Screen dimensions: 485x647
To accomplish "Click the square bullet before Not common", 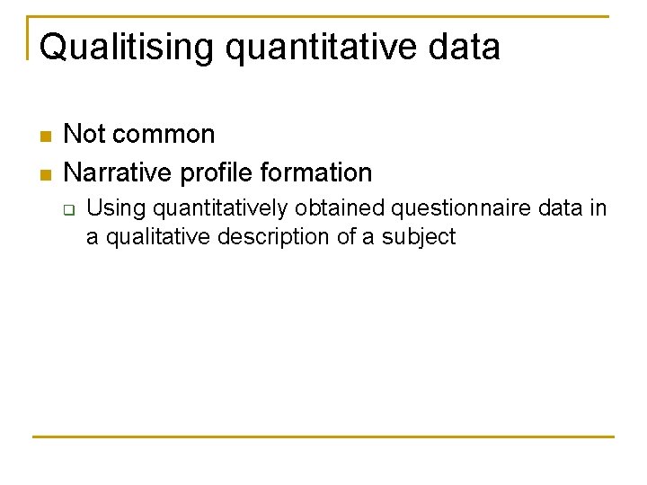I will (45, 137).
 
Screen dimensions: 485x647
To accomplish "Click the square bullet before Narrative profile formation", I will (45, 173).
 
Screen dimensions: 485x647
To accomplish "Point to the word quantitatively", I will (221, 209).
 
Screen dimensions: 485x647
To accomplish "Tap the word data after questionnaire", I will (562, 208).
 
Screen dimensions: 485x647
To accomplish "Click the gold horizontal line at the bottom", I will (323, 437).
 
